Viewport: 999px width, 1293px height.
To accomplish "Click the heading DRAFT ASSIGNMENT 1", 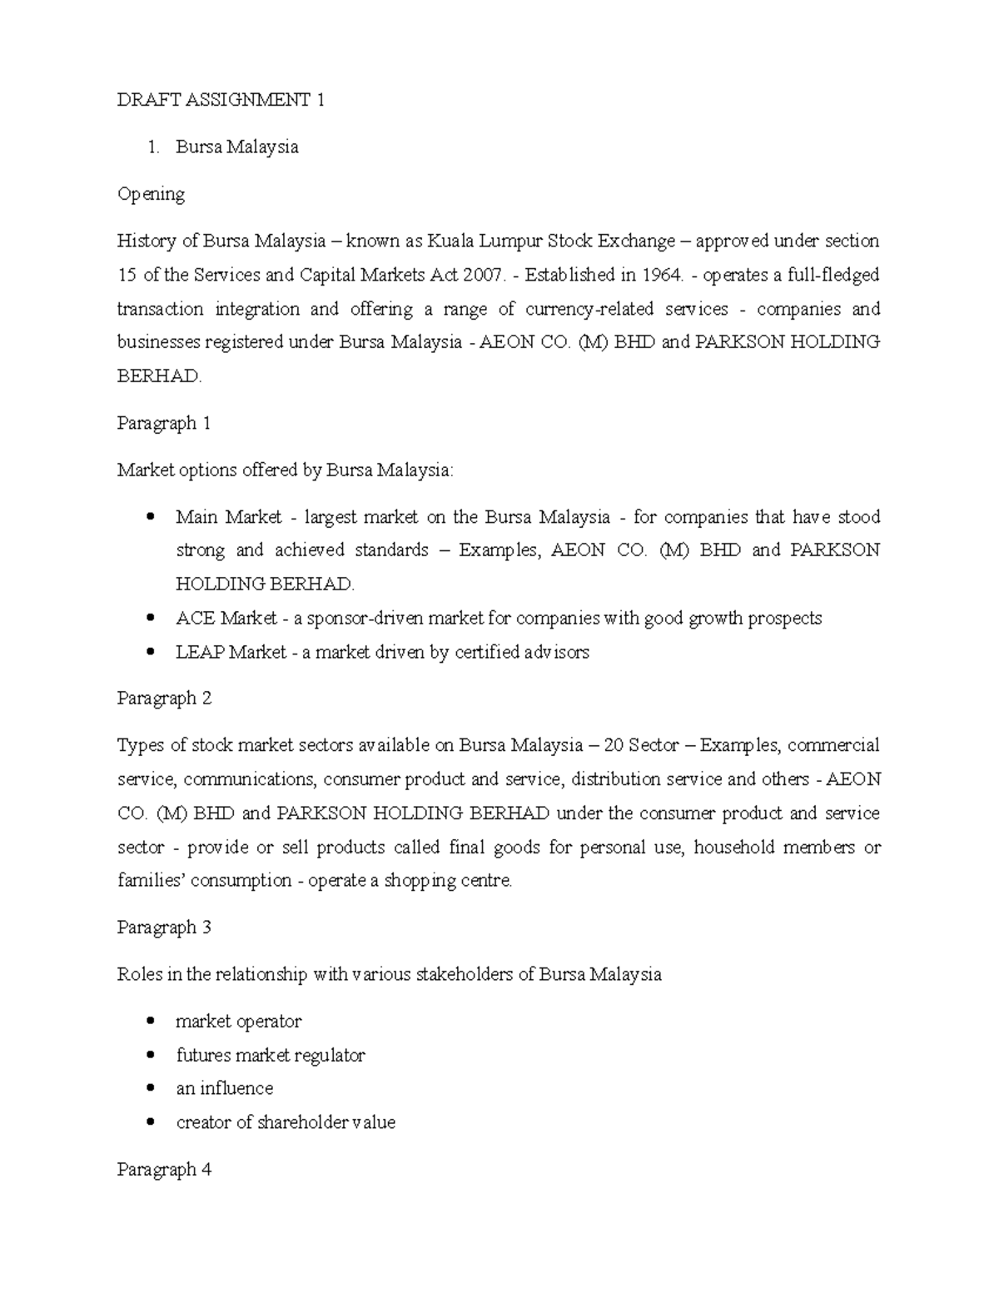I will pyautogui.click(x=221, y=100).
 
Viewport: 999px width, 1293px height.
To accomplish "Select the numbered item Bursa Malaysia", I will pyautogui.click(x=236, y=147).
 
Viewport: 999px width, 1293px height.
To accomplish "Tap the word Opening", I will pyautogui.click(x=151, y=194).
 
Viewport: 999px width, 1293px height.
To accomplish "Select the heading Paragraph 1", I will pyautogui.click(x=163, y=423).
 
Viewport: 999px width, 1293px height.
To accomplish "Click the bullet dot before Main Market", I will pyautogui.click(x=150, y=517).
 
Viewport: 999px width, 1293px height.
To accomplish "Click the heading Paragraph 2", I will pyautogui.click(x=164, y=699).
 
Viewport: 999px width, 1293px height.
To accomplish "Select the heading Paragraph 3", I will pyautogui.click(x=164, y=927).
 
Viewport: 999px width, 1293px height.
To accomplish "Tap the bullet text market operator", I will pyautogui.click(x=239, y=1022).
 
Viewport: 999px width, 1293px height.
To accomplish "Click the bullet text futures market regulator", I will pyautogui.click(x=271, y=1056).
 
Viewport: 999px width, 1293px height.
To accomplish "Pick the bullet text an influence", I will pyautogui.click(x=225, y=1089).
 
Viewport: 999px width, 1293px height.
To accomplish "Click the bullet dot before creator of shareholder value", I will pyautogui.click(x=150, y=1122).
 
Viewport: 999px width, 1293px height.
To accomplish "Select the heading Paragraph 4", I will pyautogui.click(x=164, y=1170).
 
